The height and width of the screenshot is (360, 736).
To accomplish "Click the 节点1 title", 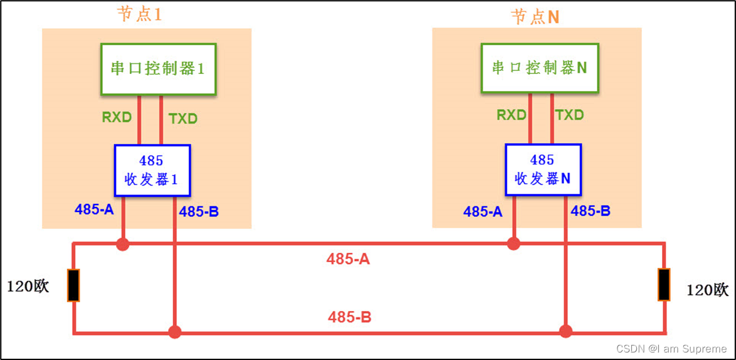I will [139, 14].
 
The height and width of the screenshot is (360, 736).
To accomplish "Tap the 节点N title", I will [535, 17].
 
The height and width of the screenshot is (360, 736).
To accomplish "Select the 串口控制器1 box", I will [158, 69].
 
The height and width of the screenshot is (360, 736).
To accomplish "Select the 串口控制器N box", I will [539, 68].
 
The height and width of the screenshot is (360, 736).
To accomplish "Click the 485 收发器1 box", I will [152, 170].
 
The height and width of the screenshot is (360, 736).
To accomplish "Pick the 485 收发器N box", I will [543, 169].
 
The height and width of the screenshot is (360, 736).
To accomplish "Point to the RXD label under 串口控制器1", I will [117, 117].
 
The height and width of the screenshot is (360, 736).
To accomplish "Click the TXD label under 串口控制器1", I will [183, 119].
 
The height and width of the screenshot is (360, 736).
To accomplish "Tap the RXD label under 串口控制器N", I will [511, 115].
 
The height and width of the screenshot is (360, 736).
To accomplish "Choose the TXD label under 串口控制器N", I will [570, 115].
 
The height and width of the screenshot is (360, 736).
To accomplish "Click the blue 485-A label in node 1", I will [94, 209].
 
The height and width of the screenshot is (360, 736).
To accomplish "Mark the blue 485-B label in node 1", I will [199, 212].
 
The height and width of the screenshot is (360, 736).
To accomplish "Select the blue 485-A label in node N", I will [483, 212].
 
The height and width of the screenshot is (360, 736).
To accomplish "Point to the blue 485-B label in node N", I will [591, 211].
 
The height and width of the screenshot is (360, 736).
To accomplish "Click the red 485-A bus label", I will [348, 258].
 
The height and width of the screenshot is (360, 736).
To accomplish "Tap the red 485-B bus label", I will [349, 317].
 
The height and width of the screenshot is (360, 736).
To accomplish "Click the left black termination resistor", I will [73, 285].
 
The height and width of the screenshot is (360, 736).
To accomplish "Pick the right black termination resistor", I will [664, 285].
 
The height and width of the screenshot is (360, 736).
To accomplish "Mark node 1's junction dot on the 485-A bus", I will [123, 244].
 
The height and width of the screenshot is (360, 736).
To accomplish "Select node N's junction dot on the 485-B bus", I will [565, 331].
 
